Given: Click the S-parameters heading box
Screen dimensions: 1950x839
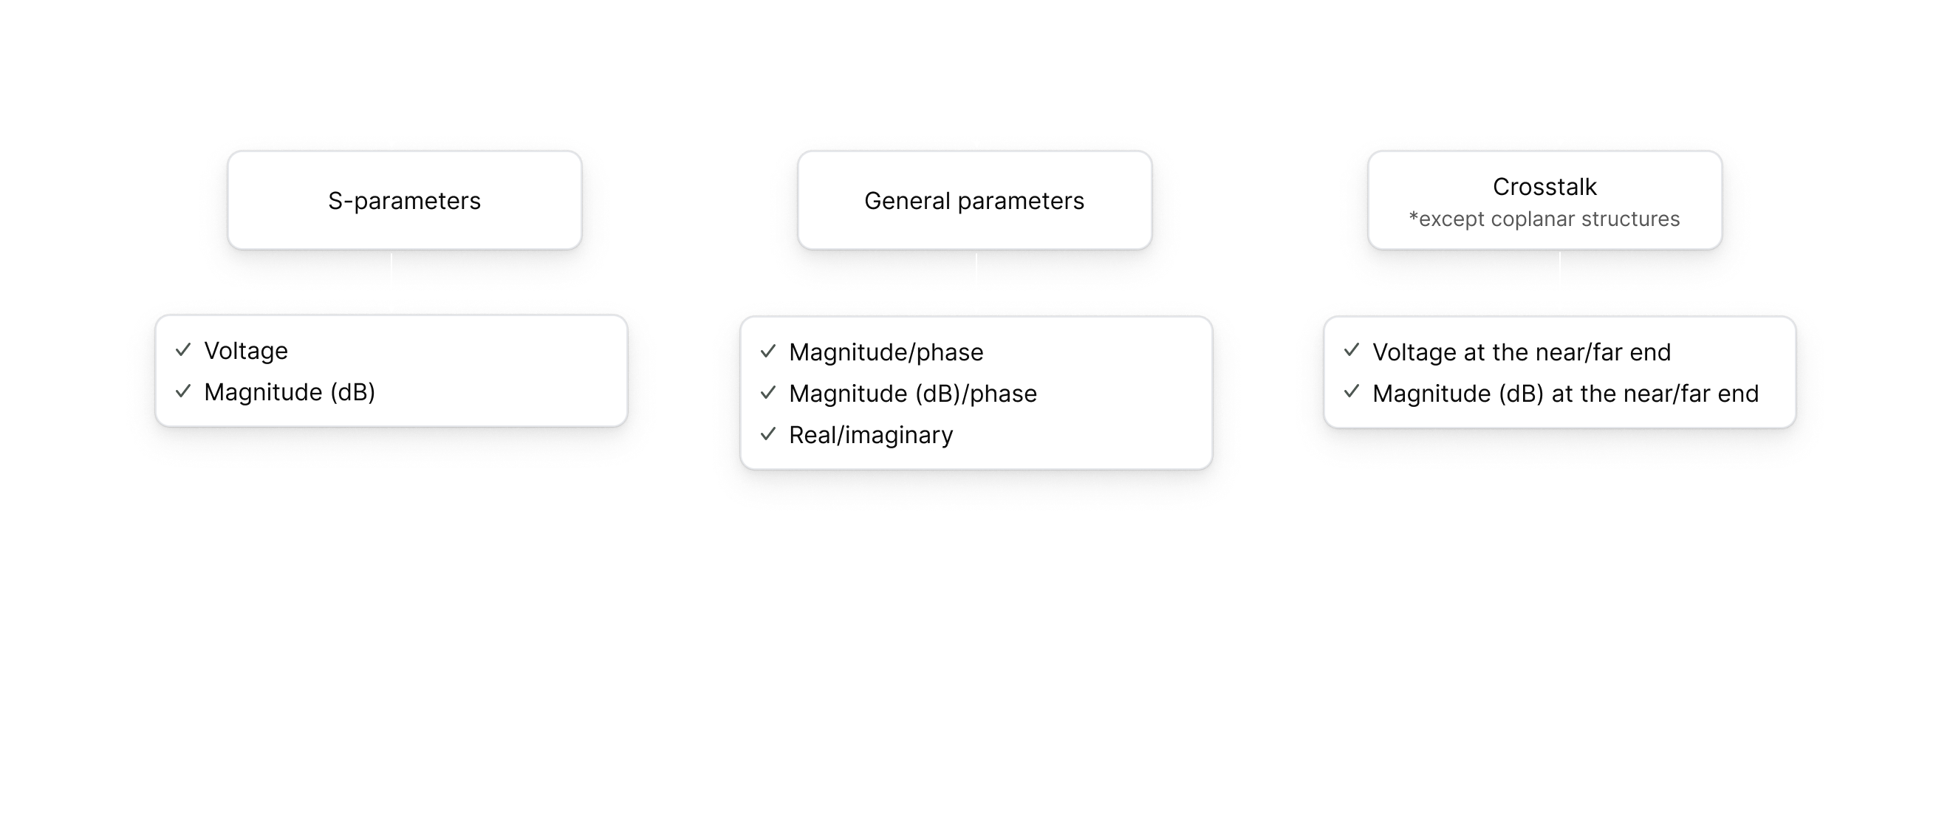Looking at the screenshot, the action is click(x=405, y=200).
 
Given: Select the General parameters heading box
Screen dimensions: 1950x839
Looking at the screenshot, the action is click(x=975, y=200).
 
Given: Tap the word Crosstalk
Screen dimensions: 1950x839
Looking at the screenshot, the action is click(x=1544, y=186).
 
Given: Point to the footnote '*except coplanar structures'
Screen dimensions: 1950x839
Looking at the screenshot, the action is click(x=1544, y=219).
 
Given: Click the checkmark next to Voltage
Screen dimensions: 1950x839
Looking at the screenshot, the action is click(x=183, y=350).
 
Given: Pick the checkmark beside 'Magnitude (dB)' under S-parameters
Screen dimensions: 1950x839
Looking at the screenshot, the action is click(x=183, y=391).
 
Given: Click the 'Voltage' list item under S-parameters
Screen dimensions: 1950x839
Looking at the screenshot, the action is click(x=246, y=351).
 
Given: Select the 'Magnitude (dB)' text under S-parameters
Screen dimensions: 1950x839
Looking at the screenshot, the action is click(x=290, y=392).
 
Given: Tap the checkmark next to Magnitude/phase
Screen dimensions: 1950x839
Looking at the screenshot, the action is click(x=768, y=352).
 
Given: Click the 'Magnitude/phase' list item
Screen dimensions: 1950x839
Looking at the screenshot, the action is click(x=886, y=352).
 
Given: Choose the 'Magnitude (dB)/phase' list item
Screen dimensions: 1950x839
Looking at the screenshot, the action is click(x=913, y=394).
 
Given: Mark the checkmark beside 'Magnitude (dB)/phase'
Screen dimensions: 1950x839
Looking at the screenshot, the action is click(x=768, y=392).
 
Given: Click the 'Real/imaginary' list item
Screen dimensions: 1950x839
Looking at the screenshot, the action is click(x=872, y=436).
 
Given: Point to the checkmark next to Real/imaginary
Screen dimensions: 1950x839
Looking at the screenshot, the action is click(x=768, y=434).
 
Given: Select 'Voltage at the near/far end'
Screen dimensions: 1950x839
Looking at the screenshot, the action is click(x=1522, y=352).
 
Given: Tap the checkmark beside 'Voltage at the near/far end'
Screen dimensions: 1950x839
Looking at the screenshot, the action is click(x=1352, y=351).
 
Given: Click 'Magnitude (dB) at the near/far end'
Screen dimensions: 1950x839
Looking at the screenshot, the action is click(x=1565, y=394).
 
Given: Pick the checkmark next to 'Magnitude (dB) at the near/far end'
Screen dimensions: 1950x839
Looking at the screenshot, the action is click(x=1352, y=391).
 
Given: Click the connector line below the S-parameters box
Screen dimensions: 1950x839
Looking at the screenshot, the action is click(x=391, y=267).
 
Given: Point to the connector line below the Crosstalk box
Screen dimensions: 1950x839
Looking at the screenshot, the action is click(x=1560, y=267).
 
